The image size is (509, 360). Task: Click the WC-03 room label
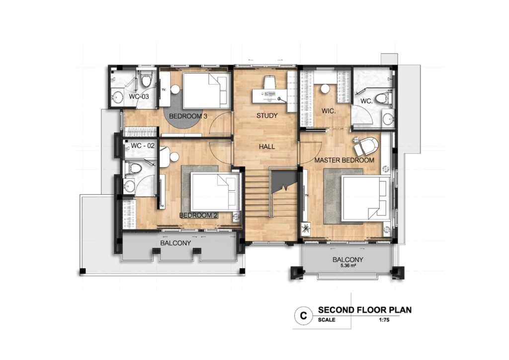[x=139, y=96]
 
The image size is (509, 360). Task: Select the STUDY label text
[x=266, y=116]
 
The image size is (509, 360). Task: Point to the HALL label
[x=266, y=147]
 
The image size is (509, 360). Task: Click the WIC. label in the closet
[x=329, y=111]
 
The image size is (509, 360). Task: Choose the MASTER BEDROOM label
[x=344, y=161]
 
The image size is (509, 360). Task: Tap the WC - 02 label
[x=143, y=146]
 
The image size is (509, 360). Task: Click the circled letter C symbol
[x=301, y=315]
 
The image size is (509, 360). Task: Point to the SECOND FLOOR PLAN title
[x=365, y=310]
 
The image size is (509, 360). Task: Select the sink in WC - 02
[x=130, y=186]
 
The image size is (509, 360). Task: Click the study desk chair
[x=269, y=82]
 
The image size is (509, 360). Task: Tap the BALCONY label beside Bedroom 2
[x=175, y=243]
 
